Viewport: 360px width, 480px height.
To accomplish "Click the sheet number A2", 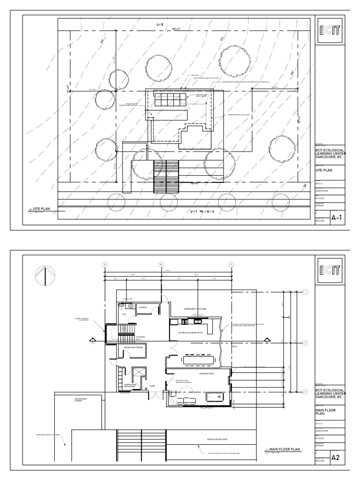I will [336, 458].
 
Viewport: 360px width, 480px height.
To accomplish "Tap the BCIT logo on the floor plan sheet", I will [330, 270].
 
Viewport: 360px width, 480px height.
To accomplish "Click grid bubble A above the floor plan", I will [104, 264].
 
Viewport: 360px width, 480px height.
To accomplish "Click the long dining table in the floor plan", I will [200, 360].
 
